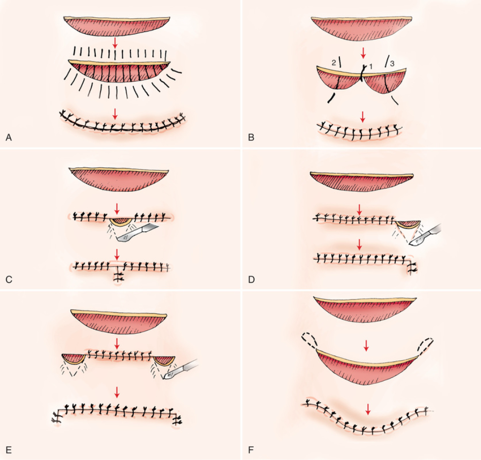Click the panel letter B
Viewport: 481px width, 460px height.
[x=250, y=137]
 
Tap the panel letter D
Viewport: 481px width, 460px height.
[x=250, y=279]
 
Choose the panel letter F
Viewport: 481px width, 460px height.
[x=250, y=449]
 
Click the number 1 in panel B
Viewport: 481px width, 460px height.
[x=370, y=66]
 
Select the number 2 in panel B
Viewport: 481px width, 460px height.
[x=333, y=62]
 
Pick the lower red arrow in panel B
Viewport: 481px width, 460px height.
[x=363, y=116]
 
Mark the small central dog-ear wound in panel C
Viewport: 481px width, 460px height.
[x=121, y=222]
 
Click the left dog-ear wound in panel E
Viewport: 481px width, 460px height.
[x=73, y=358]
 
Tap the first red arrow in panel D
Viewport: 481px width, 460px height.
[x=360, y=208]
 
